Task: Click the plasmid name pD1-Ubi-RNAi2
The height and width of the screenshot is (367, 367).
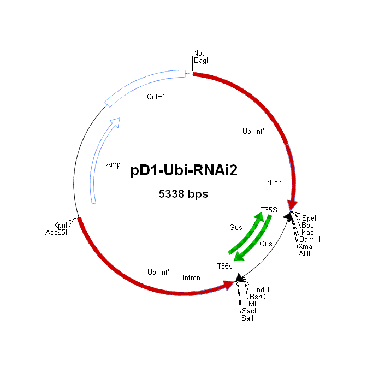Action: click(x=183, y=170)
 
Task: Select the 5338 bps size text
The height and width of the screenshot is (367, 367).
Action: click(x=183, y=194)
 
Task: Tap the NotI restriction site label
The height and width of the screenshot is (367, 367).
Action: click(x=199, y=53)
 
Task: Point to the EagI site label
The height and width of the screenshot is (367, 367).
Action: click(x=201, y=61)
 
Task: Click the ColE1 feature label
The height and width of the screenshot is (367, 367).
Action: click(x=156, y=97)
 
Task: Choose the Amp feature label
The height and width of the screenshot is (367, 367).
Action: click(x=113, y=165)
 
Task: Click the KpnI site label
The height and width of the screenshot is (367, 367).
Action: click(x=60, y=225)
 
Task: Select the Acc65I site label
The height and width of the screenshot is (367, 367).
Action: click(x=56, y=232)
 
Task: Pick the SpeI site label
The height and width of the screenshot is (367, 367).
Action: click(x=309, y=218)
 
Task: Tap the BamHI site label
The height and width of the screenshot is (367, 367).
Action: click(x=310, y=239)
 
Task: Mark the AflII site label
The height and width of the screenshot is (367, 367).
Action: click(x=304, y=253)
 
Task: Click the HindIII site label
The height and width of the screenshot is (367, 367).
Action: click(x=259, y=289)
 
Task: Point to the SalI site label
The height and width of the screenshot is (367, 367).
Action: click(x=247, y=318)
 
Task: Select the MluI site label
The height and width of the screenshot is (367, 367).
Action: click(x=255, y=304)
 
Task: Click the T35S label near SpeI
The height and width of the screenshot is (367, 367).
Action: click(x=269, y=210)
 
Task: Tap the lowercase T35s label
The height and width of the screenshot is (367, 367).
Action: click(x=224, y=266)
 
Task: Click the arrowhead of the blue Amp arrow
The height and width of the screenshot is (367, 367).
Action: click(x=116, y=122)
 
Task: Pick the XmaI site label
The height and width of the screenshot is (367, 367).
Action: click(x=306, y=246)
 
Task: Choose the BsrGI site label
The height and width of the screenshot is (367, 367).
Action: click(x=258, y=297)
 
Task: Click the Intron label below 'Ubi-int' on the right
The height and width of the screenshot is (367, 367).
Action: click(x=273, y=182)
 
